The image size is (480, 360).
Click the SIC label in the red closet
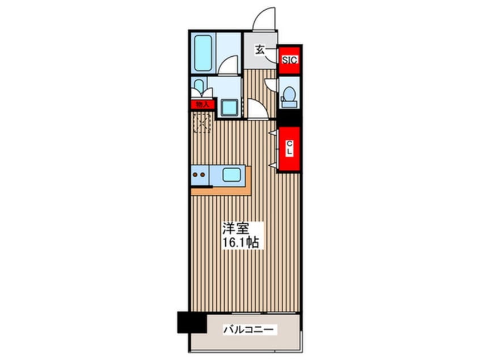(x=289, y=60)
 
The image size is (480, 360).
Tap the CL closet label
(x=289, y=148)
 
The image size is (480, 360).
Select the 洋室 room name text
(x=235, y=229)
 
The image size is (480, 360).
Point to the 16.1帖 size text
(x=241, y=242)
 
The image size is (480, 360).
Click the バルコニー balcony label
(x=249, y=330)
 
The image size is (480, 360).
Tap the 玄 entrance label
(x=260, y=49)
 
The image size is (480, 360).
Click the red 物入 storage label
(x=203, y=104)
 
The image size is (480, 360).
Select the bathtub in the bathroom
(x=203, y=53)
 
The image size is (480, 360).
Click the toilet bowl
(x=289, y=94)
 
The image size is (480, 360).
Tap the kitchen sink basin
(x=231, y=175)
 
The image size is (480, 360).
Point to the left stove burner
(x=195, y=175)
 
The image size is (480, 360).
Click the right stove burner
(x=203, y=175)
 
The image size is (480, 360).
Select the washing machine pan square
(x=230, y=108)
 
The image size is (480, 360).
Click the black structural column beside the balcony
(x=192, y=323)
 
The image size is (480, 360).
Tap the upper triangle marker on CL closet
(x=273, y=133)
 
